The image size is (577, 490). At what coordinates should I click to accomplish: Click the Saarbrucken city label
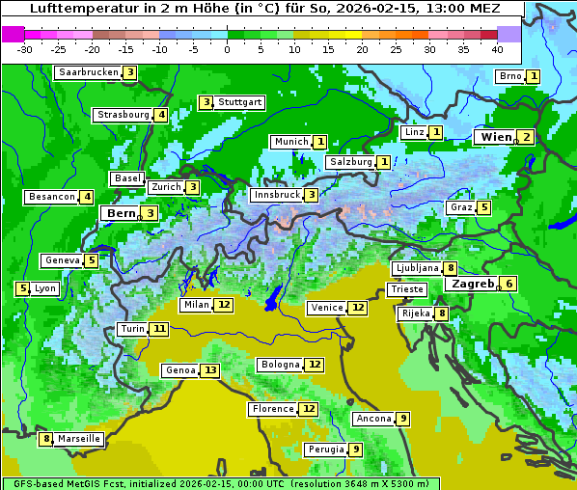[x=89, y=72]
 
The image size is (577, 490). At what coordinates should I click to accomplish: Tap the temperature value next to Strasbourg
[x=161, y=115]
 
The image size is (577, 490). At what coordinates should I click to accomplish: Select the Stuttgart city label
[x=239, y=102]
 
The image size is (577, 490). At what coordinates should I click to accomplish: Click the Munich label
[x=290, y=142]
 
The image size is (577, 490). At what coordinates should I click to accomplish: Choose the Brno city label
[x=509, y=76]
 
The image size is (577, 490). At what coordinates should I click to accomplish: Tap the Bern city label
[x=122, y=213]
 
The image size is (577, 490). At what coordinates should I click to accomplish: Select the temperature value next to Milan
[x=224, y=305]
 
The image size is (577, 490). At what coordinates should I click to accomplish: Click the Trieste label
[x=405, y=289]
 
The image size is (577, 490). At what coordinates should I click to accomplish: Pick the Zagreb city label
[x=472, y=284]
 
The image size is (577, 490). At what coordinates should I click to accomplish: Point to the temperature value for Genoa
[x=209, y=370]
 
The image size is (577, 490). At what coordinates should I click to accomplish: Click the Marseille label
[x=79, y=439]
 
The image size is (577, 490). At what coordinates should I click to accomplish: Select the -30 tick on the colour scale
[x=25, y=48]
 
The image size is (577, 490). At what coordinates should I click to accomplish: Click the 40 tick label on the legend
[x=497, y=48]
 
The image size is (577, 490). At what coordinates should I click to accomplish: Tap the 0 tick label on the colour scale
[x=228, y=48]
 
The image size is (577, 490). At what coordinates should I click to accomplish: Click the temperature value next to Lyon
[x=22, y=288]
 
